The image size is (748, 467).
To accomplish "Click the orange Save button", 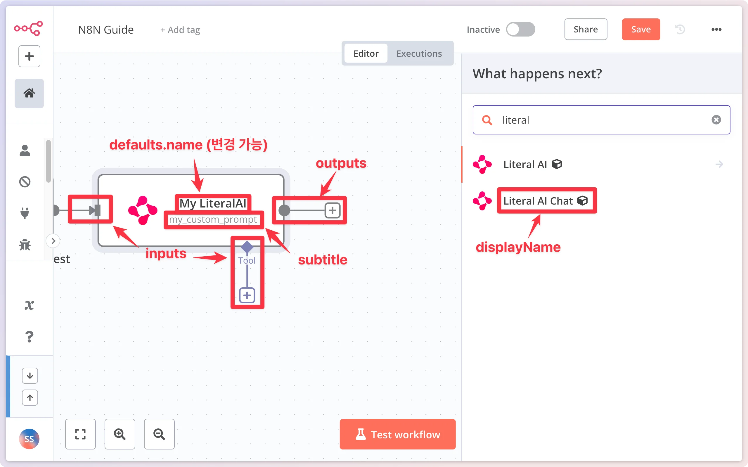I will tap(640, 29).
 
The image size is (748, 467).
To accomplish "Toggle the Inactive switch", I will tap(520, 29).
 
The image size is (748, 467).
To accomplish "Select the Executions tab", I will tap(419, 53).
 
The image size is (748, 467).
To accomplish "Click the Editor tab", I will tap(366, 53).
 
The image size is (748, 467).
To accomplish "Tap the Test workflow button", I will tap(398, 434).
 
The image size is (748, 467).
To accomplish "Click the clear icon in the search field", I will tap(716, 120).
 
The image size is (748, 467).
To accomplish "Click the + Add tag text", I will tap(180, 30).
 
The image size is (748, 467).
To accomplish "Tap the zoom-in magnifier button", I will tap(120, 434).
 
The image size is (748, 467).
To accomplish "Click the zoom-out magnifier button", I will tap(159, 434).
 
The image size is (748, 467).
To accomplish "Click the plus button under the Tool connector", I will tap(247, 295).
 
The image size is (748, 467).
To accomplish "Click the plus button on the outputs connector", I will tap(333, 211).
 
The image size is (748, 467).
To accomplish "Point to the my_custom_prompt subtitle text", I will tap(213, 219).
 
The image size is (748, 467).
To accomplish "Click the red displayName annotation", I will tap(518, 247).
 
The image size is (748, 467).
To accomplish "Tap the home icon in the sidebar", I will tap(29, 93).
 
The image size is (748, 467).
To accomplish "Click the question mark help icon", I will tap(29, 336).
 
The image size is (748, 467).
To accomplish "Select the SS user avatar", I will tap(29, 439).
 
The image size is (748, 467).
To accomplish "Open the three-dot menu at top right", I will tap(716, 29).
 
